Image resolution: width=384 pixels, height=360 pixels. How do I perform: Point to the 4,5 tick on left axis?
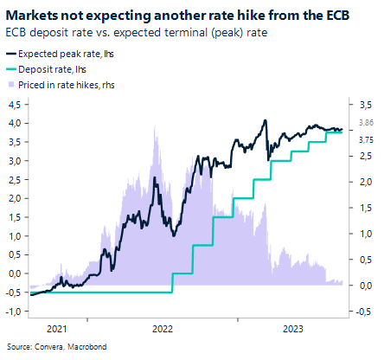tap(15, 104)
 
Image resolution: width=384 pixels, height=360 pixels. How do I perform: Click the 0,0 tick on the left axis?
tap(15, 273)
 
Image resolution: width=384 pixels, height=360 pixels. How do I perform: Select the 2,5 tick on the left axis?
tap(15, 179)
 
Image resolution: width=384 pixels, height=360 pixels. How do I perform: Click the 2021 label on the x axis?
tap(56, 329)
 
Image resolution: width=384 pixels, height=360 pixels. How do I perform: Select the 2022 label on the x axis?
tap(163, 329)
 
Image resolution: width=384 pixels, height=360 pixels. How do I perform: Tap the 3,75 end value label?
tap(366, 139)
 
